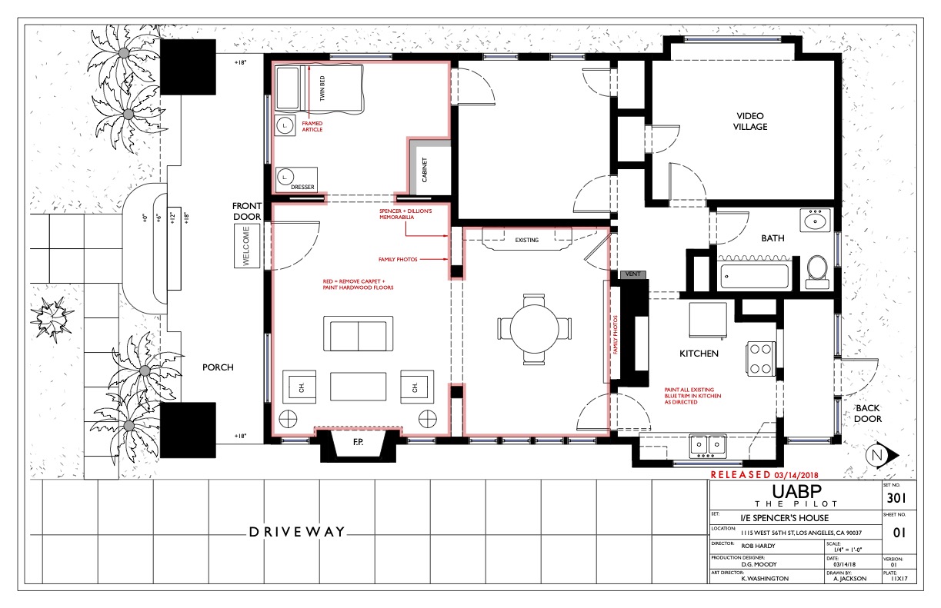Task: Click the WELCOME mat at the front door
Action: tap(247, 245)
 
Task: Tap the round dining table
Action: tap(534, 328)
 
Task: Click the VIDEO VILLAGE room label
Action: tap(750, 121)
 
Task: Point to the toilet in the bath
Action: tap(817, 272)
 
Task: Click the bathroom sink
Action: tap(815, 220)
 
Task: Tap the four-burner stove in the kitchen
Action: tap(760, 358)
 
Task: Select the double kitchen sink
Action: tap(708, 446)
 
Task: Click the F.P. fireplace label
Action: tap(358, 442)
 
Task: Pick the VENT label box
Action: tap(632, 274)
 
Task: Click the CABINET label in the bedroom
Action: tap(424, 170)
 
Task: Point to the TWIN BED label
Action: tap(322, 88)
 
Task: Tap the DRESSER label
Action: tap(302, 187)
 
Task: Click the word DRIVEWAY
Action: tap(297, 532)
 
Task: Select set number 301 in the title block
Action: tap(896, 498)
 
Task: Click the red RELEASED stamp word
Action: tap(740, 474)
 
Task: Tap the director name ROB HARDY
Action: tap(758, 546)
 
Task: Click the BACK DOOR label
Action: tap(867, 414)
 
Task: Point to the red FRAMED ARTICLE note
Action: tap(312, 126)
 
